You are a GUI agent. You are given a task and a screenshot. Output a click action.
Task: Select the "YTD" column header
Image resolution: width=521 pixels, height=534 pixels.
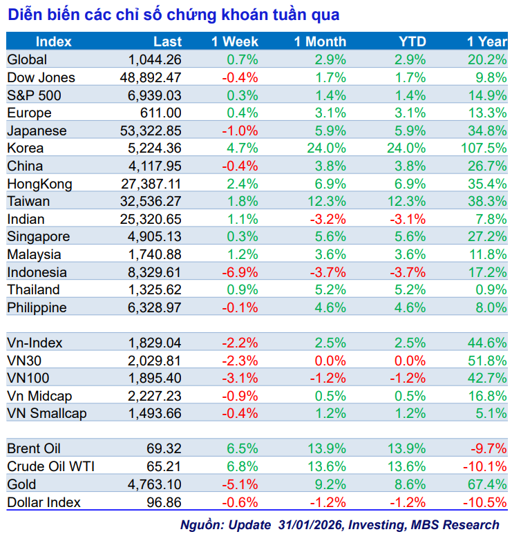[x=413, y=41]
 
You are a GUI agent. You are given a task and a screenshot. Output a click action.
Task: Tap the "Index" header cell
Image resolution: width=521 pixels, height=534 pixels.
[x=54, y=41]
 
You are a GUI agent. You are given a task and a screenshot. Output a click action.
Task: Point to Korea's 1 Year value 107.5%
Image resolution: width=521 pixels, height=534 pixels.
[x=486, y=148]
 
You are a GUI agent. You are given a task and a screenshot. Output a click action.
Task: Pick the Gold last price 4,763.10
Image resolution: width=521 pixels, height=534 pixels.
[x=155, y=484]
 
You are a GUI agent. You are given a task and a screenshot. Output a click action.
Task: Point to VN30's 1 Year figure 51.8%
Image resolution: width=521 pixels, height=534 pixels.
[x=490, y=360]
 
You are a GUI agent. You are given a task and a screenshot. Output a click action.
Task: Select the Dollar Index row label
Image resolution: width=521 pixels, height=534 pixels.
[x=44, y=502]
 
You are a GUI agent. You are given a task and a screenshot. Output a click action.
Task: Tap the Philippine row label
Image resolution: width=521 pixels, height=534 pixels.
[x=37, y=307]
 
